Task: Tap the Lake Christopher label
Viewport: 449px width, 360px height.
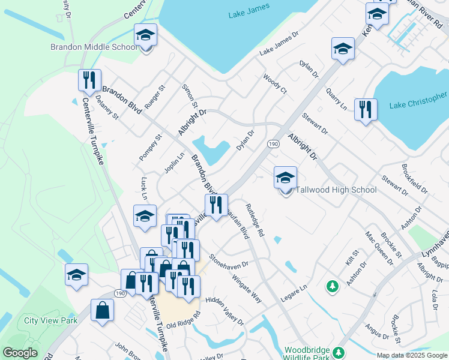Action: pos(418,101)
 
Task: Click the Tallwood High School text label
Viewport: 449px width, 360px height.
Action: pos(336,190)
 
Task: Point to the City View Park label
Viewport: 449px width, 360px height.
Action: pos(51,321)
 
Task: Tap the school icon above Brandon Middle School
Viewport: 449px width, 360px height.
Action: pos(145,36)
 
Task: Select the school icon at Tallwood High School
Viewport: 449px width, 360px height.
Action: pos(286,178)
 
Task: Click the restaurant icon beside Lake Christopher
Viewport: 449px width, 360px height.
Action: pos(366,110)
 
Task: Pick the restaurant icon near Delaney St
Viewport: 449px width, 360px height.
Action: pos(89,80)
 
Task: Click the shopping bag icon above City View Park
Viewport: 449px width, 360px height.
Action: pos(102,310)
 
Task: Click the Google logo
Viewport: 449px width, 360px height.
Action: pos(20,353)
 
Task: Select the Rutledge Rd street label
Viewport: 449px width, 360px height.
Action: pos(254,220)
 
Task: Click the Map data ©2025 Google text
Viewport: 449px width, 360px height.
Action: pos(411,355)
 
